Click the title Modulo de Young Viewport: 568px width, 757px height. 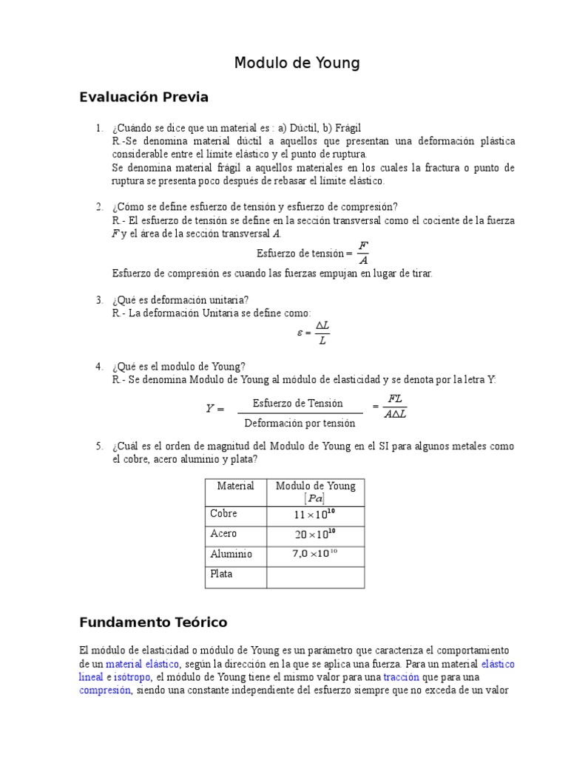(297, 64)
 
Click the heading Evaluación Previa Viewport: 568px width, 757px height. (143, 98)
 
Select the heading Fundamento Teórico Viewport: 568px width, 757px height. (153, 622)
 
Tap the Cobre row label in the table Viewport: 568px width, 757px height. (223, 513)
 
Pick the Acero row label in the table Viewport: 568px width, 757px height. (223, 534)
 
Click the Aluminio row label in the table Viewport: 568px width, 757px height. (231, 554)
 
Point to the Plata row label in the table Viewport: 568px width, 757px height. (221, 574)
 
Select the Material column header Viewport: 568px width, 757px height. (235, 486)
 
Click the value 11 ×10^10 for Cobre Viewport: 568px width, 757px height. (315, 514)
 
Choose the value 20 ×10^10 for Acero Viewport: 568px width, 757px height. (315, 534)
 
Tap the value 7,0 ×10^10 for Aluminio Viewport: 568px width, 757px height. (315, 554)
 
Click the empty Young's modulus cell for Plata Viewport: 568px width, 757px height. (315, 577)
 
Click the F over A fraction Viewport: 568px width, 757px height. (362, 253)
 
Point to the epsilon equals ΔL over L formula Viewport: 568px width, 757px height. (314, 333)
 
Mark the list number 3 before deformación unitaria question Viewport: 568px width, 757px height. (98, 299)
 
